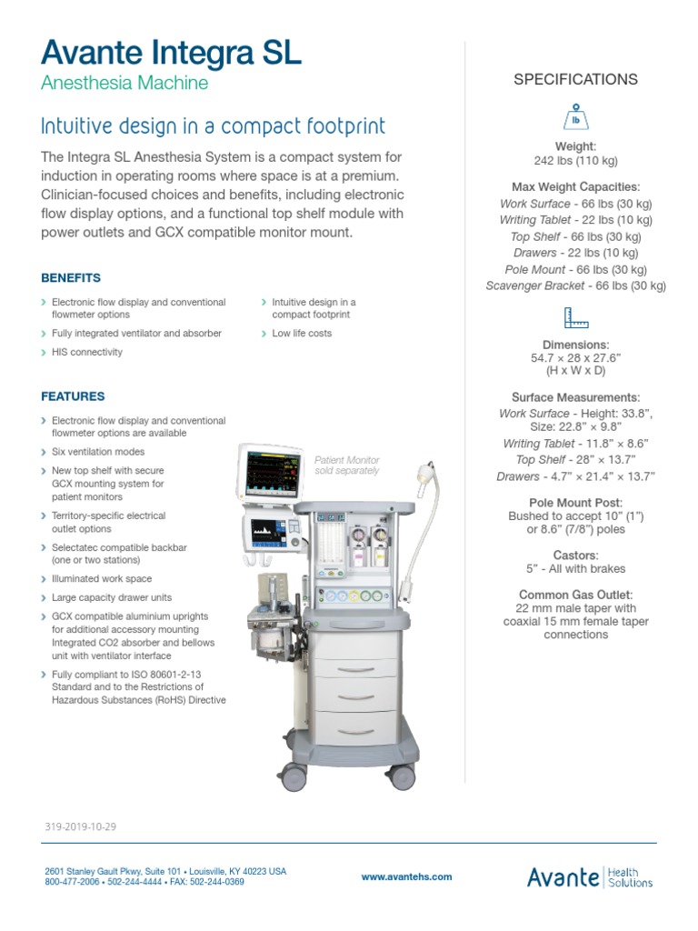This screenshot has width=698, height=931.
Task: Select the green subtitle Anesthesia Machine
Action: pyautogui.click(x=125, y=84)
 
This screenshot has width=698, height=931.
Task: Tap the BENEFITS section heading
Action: pyautogui.click(x=71, y=278)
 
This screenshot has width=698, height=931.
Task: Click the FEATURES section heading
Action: pyautogui.click(x=73, y=396)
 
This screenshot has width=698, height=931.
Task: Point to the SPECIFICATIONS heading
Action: pyautogui.click(x=575, y=79)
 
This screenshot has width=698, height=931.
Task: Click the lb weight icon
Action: pyautogui.click(x=575, y=118)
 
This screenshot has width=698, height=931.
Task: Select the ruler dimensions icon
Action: pyautogui.click(x=575, y=318)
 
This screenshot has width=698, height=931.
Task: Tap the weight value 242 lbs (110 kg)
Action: pyautogui.click(x=575, y=161)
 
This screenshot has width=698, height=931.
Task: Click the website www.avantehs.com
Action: pyautogui.click(x=406, y=877)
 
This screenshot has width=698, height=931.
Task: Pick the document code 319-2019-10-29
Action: pyautogui.click(x=80, y=827)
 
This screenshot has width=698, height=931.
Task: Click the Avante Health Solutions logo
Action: pyautogui.click(x=589, y=876)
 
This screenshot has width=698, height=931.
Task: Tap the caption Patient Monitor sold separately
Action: pyautogui.click(x=346, y=465)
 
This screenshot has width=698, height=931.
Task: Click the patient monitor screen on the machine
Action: pyautogui.click(x=274, y=476)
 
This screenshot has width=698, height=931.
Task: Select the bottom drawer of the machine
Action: pyautogui.click(x=354, y=726)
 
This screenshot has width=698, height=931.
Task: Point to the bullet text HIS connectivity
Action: pyautogui.click(x=86, y=352)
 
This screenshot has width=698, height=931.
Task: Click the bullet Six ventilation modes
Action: pyautogui.click(x=98, y=452)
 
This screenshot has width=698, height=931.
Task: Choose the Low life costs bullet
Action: pyautogui.click(x=302, y=334)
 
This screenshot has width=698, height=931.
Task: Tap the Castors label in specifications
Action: pyautogui.click(x=575, y=555)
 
